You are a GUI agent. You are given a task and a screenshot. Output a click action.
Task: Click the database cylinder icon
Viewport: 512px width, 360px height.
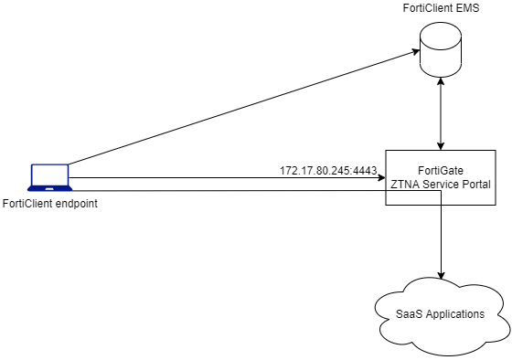(x=443, y=50)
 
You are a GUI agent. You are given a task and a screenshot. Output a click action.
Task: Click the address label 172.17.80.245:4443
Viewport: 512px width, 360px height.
(x=328, y=171)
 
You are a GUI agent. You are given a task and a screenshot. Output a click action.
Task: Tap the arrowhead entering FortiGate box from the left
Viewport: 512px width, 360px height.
(x=381, y=178)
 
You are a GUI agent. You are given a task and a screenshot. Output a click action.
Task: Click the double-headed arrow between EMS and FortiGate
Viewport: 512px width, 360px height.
(x=443, y=114)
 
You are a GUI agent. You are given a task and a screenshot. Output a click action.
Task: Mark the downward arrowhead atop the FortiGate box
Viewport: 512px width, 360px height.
(x=443, y=145)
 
